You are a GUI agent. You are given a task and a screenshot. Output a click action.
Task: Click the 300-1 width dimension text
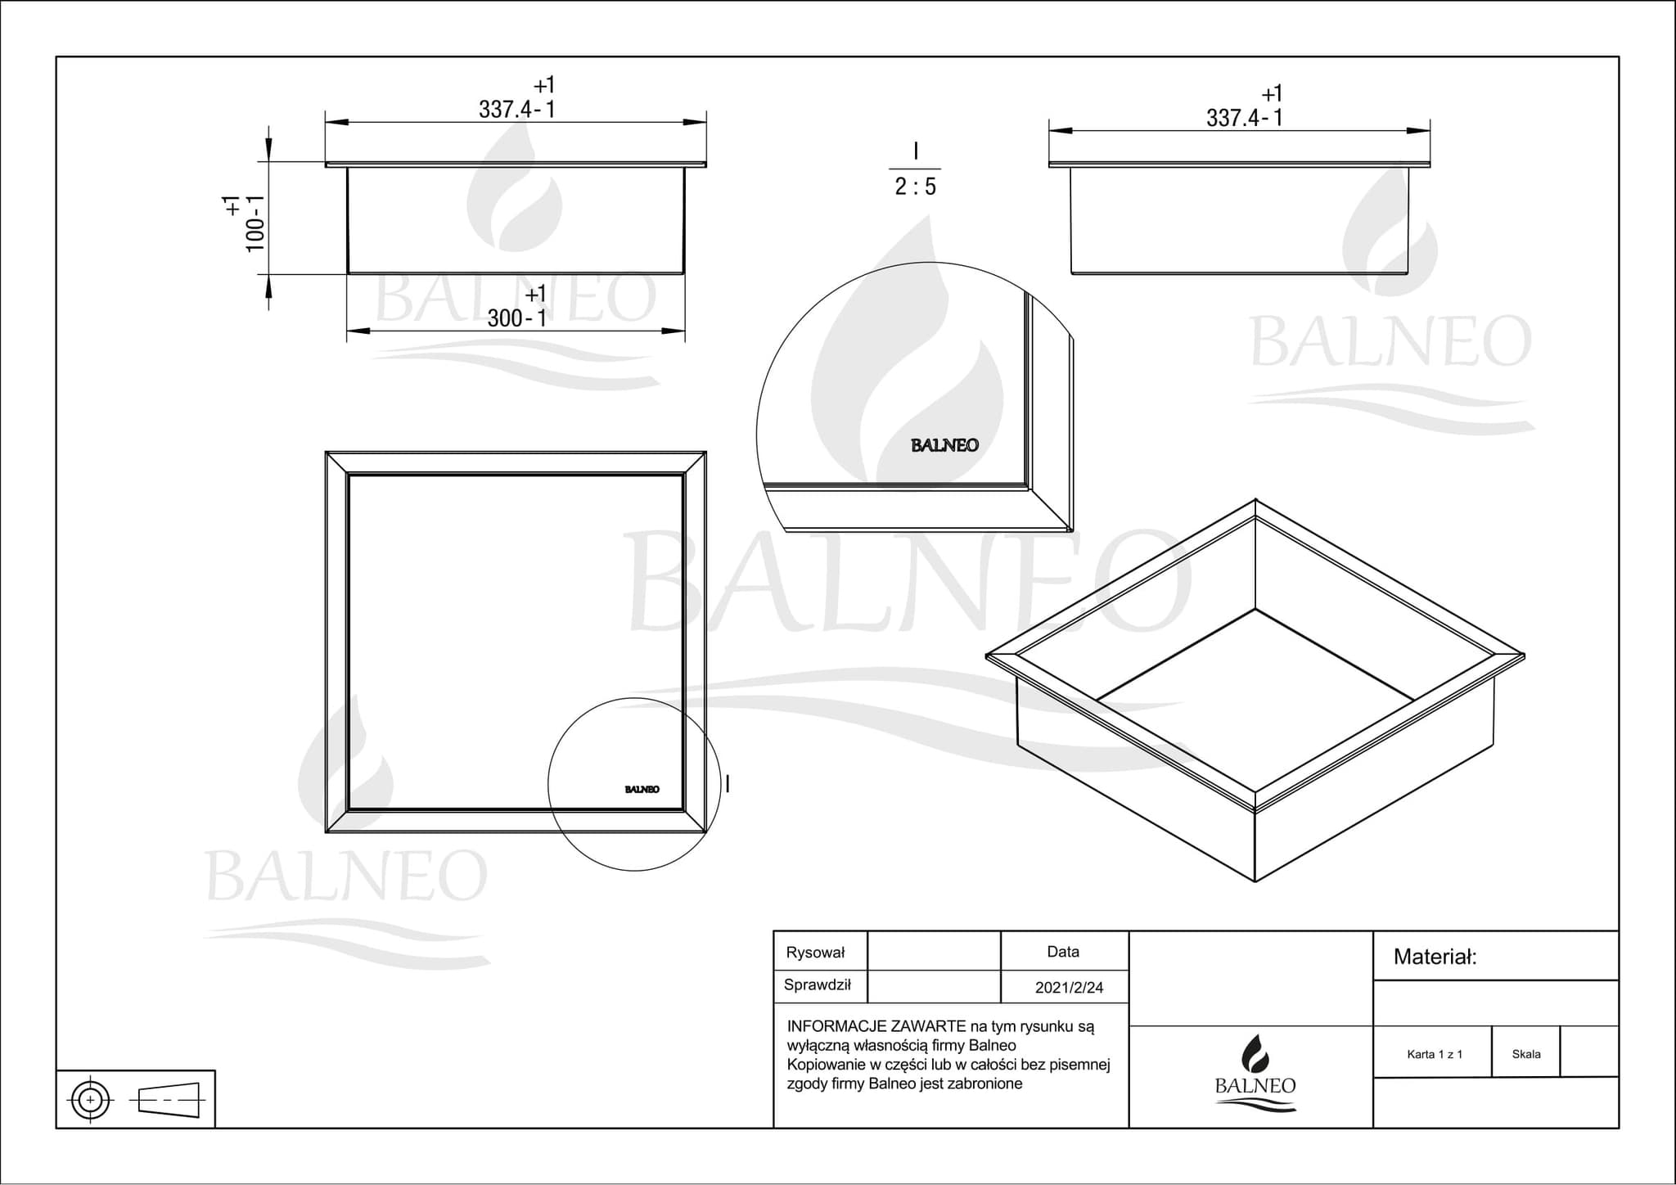[516, 318]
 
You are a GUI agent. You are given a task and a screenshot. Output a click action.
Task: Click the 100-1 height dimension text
[255, 223]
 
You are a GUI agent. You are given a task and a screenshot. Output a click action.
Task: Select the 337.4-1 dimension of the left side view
[516, 110]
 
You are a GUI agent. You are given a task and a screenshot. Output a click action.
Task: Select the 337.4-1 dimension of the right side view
[1244, 118]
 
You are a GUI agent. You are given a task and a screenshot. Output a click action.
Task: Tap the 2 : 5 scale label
[915, 187]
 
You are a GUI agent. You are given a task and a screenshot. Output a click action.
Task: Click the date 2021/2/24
[1069, 988]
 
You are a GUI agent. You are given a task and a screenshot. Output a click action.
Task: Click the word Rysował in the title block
[814, 953]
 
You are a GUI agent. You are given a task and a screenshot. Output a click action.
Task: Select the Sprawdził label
[817, 985]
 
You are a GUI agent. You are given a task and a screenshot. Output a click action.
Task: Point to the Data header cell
[1062, 952]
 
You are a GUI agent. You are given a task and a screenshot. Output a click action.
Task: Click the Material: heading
[1435, 957]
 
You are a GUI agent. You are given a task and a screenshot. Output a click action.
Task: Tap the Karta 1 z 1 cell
[1434, 1054]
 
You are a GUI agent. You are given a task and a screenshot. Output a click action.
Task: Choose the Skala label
[1526, 1054]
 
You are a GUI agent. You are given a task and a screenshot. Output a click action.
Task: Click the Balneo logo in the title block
[1255, 1073]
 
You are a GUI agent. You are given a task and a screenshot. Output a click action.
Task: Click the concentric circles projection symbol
[91, 1100]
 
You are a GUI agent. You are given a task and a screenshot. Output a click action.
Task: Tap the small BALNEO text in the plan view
[642, 790]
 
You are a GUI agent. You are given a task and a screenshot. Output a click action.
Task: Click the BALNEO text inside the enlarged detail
[944, 446]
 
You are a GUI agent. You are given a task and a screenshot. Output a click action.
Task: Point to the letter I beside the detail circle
[728, 784]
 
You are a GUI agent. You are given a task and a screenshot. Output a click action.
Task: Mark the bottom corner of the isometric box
[1255, 881]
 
